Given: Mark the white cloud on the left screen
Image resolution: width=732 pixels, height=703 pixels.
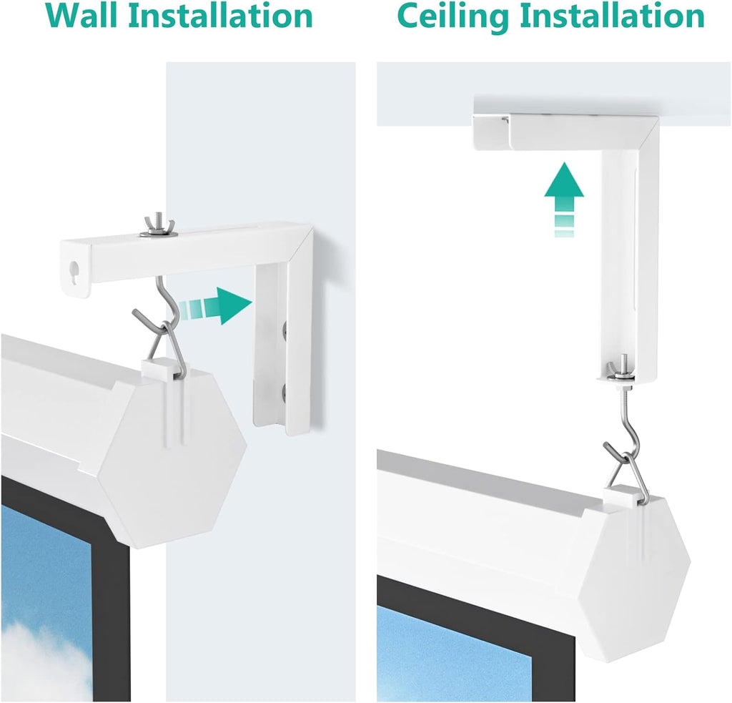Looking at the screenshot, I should point(43,662).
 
